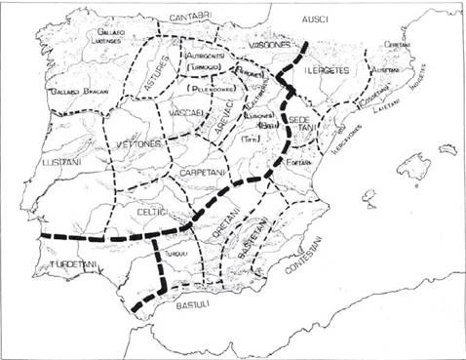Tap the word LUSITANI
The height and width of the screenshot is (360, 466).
click(63, 162)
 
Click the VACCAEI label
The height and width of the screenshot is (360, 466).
click(190, 113)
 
